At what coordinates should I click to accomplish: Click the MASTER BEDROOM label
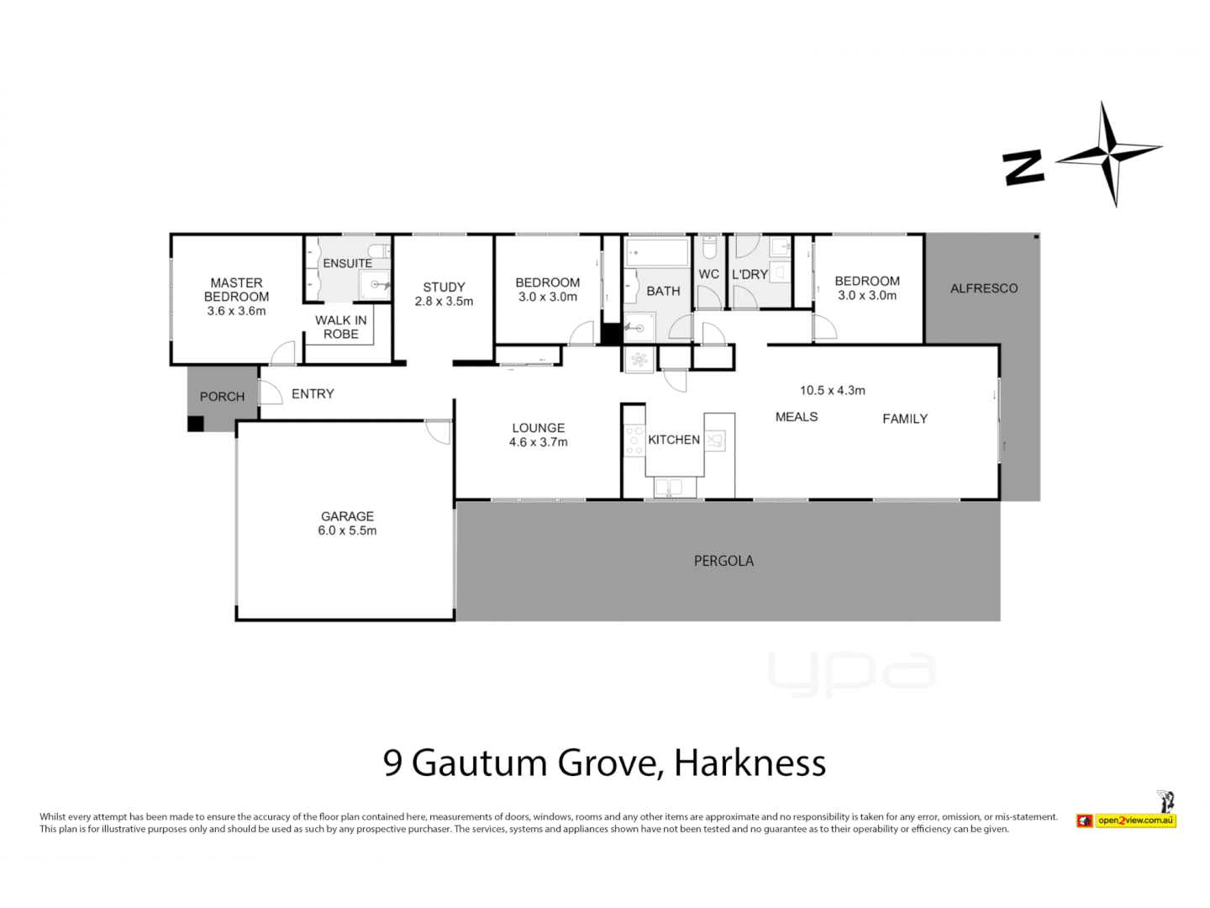click(x=236, y=290)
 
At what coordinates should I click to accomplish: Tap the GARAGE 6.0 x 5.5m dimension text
click(x=347, y=531)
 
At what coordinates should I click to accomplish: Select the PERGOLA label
click(x=723, y=561)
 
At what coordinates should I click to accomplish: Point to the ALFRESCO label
click(x=984, y=288)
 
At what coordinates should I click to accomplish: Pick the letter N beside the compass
click(x=1024, y=167)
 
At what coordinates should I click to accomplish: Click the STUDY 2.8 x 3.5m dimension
click(x=444, y=301)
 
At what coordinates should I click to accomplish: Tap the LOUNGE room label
click(x=539, y=428)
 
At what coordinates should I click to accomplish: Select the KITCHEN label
click(x=674, y=440)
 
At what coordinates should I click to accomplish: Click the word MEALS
click(x=797, y=417)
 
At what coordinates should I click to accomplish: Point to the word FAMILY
click(x=905, y=419)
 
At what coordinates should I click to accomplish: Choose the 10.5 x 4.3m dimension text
click(x=832, y=390)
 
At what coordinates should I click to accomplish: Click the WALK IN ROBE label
click(x=341, y=327)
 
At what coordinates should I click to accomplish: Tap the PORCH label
click(x=222, y=397)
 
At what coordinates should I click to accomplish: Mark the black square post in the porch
click(x=196, y=425)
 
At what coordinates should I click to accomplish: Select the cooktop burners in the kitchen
click(x=634, y=441)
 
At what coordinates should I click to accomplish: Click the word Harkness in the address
click(x=750, y=763)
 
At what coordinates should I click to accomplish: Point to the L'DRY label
click(x=750, y=275)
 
